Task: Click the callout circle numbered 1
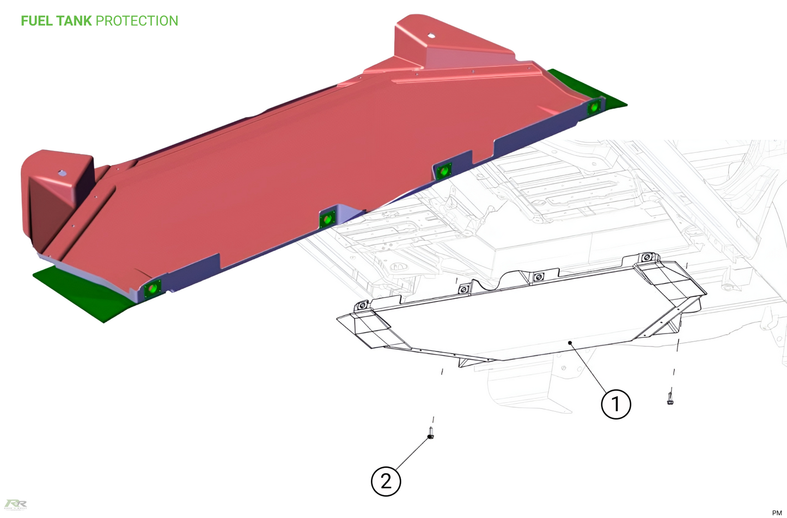(615, 404)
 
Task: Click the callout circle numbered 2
(386, 481)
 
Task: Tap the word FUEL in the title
(36, 21)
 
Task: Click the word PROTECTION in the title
(137, 21)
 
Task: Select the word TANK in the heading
(74, 21)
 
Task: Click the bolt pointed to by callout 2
(431, 433)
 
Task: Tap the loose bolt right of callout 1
(670, 398)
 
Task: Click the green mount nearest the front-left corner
(152, 287)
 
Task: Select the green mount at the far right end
(594, 107)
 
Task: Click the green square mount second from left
(327, 219)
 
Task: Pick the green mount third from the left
(444, 171)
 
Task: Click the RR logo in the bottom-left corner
(15, 504)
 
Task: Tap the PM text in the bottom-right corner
(777, 513)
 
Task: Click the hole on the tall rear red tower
(431, 36)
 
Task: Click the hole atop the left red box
(63, 173)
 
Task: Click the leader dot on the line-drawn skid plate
(570, 343)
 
